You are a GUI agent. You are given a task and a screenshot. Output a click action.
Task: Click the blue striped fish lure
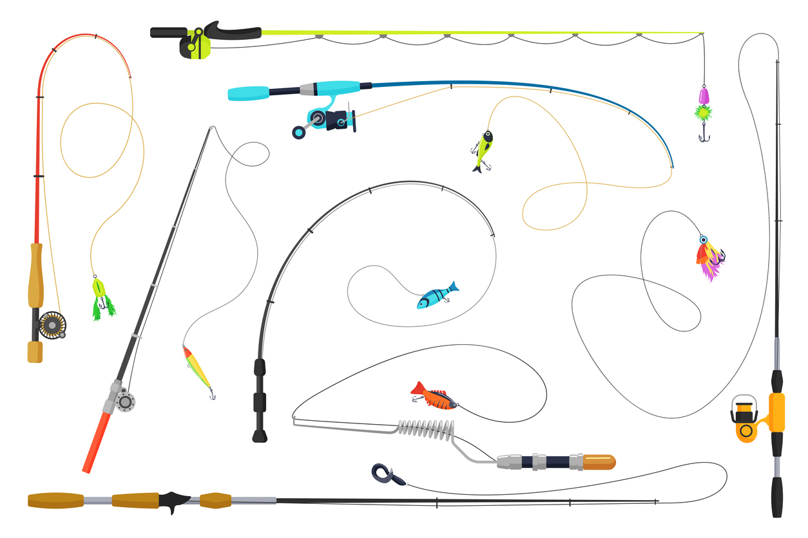pos(436,297)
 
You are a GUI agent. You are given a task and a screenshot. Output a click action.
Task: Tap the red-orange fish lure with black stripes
pos(434,395)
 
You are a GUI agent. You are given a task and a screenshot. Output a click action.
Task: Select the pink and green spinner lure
pos(703,106)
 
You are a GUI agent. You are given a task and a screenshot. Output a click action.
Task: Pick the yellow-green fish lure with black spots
pos(483,149)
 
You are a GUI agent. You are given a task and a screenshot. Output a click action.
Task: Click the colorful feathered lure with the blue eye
pos(709,256)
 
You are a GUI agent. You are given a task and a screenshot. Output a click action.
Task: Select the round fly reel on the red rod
pos(52,324)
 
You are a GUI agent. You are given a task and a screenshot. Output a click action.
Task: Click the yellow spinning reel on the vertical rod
pos(747,418)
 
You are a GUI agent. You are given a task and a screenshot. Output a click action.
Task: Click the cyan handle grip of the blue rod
pos(248,93)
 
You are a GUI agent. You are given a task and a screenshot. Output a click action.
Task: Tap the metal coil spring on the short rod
pos(426,428)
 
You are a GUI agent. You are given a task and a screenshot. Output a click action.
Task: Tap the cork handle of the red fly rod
pos(35,275)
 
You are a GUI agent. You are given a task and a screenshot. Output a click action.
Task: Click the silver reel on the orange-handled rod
pos(124,401)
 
